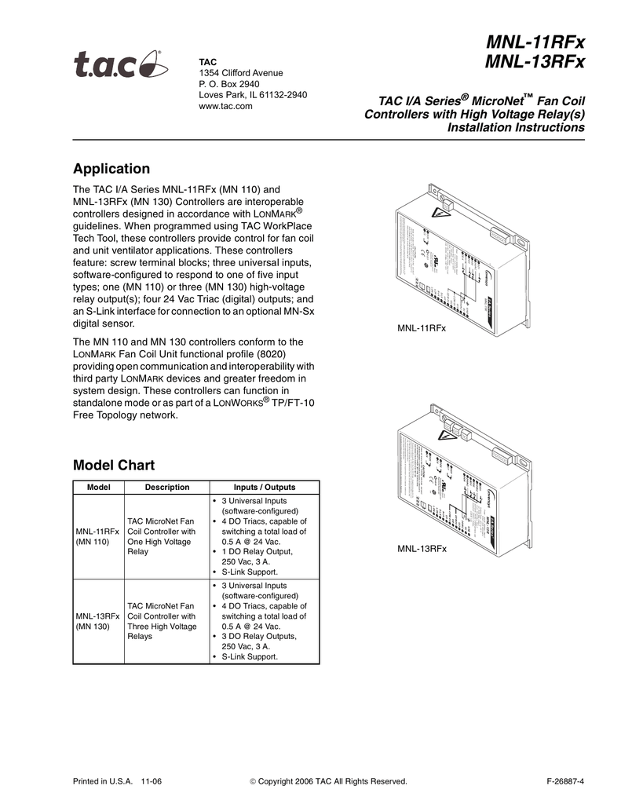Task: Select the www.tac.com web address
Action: tap(225, 106)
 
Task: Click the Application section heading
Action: tap(111, 169)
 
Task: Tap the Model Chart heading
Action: tap(113, 464)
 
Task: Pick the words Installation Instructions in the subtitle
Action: tap(516, 127)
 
